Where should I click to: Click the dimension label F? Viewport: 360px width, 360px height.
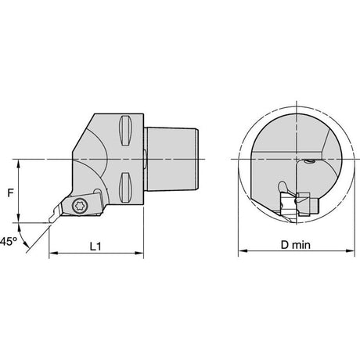coord(10,193)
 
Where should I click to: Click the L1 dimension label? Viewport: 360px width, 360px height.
coord(95,246)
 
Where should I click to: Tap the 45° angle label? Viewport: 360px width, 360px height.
coord(8,241)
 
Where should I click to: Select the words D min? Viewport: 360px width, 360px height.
coord(296,245)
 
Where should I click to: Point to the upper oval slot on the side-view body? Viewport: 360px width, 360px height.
coord(125,131)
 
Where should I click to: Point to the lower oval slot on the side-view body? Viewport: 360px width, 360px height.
coord(125,187)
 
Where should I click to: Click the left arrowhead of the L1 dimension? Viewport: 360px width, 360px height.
coord(53,253)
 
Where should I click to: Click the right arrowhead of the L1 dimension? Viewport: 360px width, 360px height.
coord(140,253)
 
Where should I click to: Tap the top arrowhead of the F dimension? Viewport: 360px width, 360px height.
coord(18,164)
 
